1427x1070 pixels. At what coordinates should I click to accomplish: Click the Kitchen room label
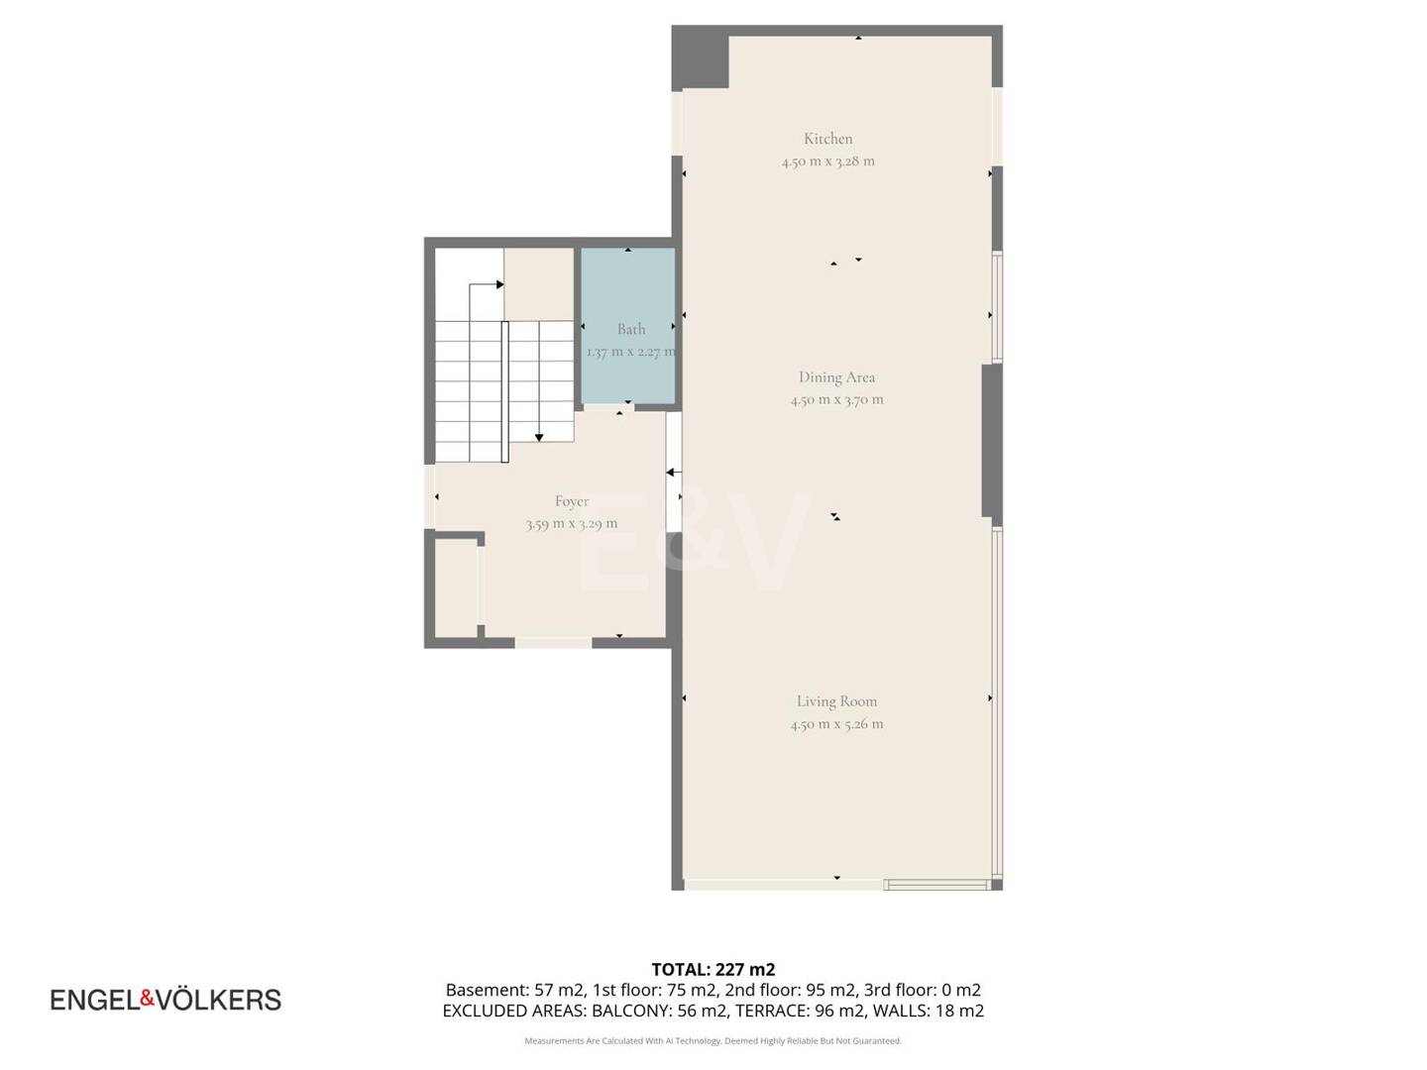(827, 139)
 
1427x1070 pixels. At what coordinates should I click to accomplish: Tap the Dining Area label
(836, 376)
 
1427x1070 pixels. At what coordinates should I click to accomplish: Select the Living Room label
(836, 701)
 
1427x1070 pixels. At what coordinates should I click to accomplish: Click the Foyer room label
(572, 501)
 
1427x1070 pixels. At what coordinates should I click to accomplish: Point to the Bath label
(631, 329)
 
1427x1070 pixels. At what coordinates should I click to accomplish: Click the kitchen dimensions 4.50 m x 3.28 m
(827, 161)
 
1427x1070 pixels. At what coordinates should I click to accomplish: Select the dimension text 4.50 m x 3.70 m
(836, 399)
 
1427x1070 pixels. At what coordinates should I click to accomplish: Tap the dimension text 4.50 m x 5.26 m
(836, 723)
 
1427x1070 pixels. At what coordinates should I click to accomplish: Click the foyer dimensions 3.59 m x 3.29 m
(572, 524)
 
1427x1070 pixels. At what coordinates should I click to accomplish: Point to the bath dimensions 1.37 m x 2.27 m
(630, 352)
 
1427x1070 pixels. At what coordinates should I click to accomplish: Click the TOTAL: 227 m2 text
(713, 969)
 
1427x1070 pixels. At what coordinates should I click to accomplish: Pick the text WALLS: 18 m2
(929, 1011)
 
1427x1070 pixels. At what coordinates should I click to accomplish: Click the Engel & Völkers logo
(165, 1000)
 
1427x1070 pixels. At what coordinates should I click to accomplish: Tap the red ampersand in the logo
(148, 998)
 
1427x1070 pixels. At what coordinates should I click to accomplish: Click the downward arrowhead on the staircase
(539, 438)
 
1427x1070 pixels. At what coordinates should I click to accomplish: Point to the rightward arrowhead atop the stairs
(499, 284)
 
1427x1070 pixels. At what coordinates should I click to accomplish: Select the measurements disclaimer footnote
(713, 1040)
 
